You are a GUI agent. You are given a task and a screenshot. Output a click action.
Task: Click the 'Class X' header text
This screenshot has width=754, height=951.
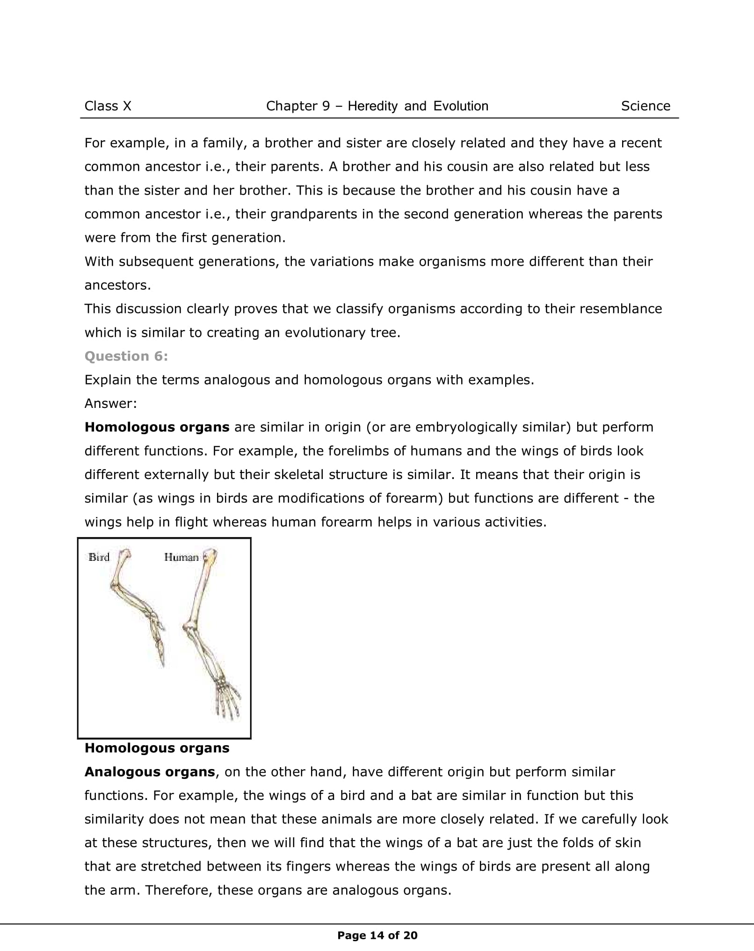pyautogui.click(x=108, y=106)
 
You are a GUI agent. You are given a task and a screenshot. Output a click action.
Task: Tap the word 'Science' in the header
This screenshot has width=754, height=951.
pyautogui.click(x=645, y=106)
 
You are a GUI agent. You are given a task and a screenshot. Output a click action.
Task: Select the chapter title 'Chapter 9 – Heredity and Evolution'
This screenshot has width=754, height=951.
pyautogui.click(x=377, y=106)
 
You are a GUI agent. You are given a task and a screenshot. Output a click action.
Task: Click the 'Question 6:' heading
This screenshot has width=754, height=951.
pyautogui.click(x=126, y=356)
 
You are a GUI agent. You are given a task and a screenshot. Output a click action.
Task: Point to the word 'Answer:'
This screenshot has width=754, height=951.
pyautogui.click(x=111, y=404)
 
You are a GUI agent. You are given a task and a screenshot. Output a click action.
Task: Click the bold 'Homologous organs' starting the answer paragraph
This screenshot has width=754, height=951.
pyautogui.click(x=157, y=427)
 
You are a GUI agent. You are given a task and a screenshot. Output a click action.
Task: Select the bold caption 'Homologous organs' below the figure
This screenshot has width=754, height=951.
pyautogui.click(x=157, y=748)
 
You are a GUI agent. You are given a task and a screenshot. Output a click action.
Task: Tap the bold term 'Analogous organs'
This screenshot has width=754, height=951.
pyautogui.click(x=150, y=772)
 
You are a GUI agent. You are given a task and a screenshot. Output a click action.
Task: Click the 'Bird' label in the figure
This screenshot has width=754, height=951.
pyautogui.click(x=99, y=557)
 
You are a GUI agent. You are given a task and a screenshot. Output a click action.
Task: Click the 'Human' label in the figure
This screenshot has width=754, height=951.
pyautogui.click(x=181, y=557)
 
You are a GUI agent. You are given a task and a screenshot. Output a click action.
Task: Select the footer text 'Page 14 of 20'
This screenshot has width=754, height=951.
pyautogui.click(x=377, y=936)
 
